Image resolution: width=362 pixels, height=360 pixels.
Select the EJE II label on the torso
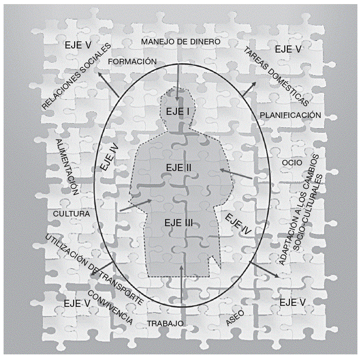tap(178, 167)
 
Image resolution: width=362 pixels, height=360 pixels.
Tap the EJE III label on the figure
tap(178, 222)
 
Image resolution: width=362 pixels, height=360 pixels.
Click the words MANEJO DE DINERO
tap(180, 41)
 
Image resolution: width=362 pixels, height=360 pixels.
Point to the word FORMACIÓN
tap(132, 61)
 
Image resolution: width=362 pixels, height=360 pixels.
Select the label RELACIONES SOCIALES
tap(77, 76)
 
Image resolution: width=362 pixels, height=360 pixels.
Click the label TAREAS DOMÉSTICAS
tap(276, 76)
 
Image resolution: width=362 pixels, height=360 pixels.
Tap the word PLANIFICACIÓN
tap(290, 115)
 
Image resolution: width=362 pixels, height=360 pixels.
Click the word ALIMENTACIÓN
tap(67, 167)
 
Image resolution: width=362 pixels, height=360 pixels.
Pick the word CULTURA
tap(72, 214)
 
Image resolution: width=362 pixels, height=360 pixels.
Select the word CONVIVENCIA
tap(110, 308)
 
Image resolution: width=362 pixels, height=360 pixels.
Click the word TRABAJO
tap(165, 324)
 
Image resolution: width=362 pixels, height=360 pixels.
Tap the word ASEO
tap(235, 318)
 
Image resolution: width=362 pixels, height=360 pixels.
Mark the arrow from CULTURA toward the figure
tap(135, 205)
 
